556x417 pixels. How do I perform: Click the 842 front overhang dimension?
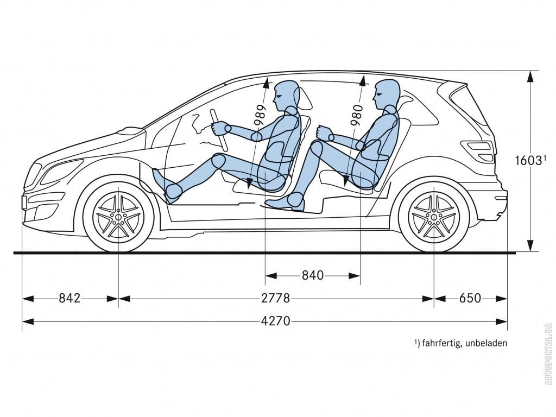tap(69, 298)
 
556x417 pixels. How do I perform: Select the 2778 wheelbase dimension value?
tap(275, 298)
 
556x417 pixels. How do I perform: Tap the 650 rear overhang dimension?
tap(470, 298)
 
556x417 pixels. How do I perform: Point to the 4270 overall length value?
tap(275, 321)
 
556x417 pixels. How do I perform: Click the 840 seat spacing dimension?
tap(313, 275)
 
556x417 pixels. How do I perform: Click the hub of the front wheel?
tap(118, 216)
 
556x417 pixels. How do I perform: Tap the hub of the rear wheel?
tap(434, 216)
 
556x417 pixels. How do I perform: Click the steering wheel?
tap(219, 130)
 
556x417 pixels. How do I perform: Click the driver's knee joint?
tap(219, 161)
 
